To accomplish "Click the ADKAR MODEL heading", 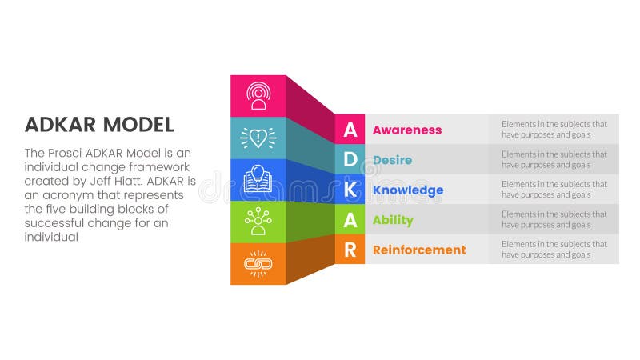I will click(x=99, y=124).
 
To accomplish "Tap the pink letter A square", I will click(x=350, y=130).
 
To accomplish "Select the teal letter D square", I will click(x=350, y=159).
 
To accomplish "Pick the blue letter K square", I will click(x=350, y=190).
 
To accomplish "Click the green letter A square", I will click(x=350, y=220).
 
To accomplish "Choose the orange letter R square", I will click(x=350, y=250).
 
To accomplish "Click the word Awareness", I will click(x=407, y=130).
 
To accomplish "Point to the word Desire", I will click(x=392, y=160).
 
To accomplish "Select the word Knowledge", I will click(x=408, y=190).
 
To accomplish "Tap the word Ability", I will click(x=393, y=220).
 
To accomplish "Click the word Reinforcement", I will click(x=419, y=250).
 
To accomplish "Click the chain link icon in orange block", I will click(x=258, y=263).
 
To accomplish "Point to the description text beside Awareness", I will click(x=554, y=130).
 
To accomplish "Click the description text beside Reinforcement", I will click(x=554, y=250).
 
